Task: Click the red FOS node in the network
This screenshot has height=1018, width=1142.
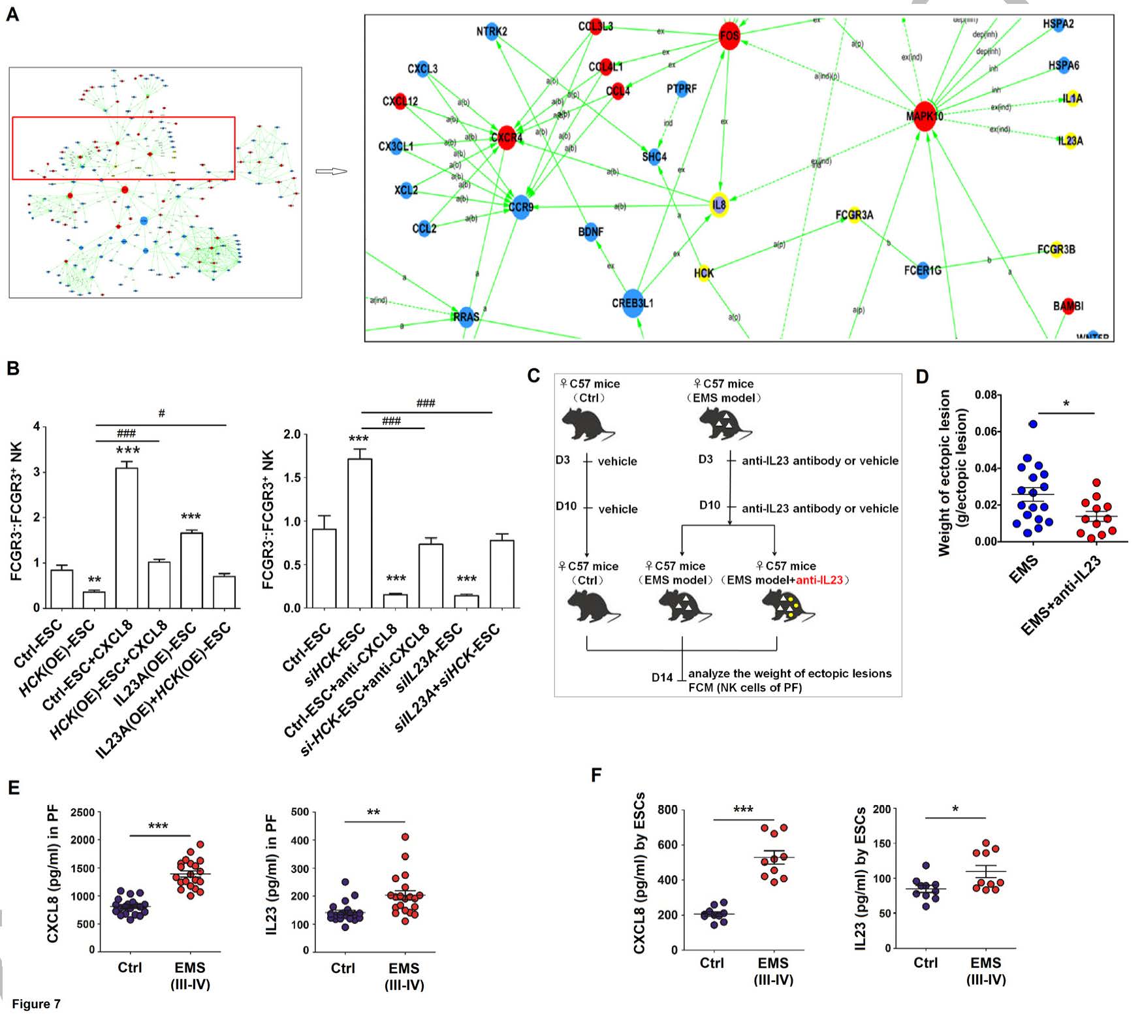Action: (729, 35)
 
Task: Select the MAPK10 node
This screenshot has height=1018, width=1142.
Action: (925, 116)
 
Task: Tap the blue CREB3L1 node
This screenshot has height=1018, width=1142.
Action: (632, 303)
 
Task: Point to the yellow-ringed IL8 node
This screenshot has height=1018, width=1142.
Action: (719, 205)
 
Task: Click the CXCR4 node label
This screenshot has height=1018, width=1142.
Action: (507, 138)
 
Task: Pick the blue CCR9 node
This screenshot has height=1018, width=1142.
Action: (521, 207)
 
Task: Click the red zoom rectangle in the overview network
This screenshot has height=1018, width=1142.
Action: (123, 118)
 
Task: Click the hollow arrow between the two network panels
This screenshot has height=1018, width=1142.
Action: (330, 172)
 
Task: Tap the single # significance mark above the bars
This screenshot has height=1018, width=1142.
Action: (161, 413)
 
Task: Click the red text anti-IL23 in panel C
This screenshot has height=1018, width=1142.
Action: (819, 580)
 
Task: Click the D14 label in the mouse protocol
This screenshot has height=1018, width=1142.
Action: (661, 677)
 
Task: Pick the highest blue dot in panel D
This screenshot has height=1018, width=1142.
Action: (1033, 424)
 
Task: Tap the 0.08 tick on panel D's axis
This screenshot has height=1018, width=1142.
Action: (985, 395)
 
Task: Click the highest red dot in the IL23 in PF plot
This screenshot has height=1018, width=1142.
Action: (405, 837)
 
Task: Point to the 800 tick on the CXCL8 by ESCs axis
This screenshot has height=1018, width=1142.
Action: (667, 810)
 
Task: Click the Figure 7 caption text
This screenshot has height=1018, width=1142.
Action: (37, 1004)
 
